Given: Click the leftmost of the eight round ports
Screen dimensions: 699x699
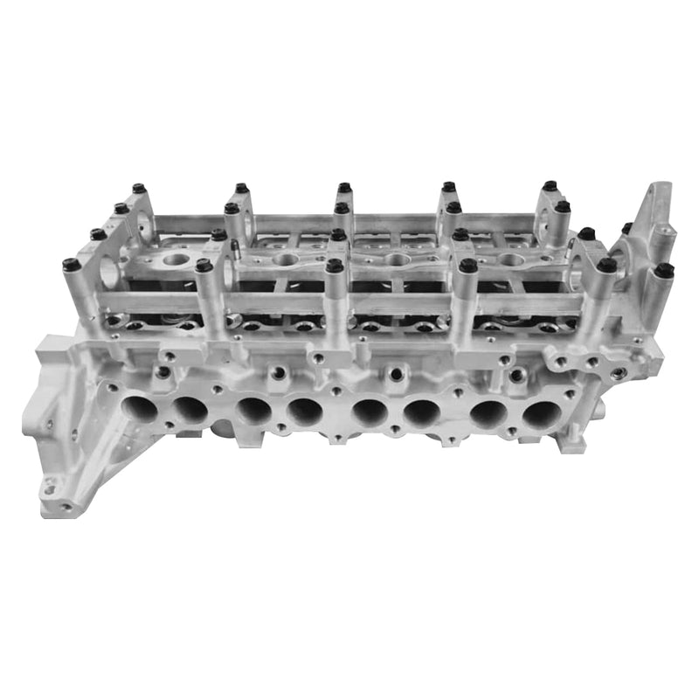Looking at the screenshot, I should coord(140,407).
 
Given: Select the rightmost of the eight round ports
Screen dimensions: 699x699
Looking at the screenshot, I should coord(541,413).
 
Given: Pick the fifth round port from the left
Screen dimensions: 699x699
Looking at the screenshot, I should coord(370,412).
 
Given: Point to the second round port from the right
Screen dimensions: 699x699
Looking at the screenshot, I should coord(488,413).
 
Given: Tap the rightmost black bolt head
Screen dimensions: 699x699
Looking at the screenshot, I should coord(664,270).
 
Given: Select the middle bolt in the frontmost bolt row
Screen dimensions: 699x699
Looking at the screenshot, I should coord(334,265).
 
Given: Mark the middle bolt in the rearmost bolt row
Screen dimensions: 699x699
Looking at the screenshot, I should coord(344,188).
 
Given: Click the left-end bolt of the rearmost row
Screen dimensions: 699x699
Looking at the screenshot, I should coord(139,188).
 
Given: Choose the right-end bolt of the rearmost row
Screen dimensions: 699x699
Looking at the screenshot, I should coord(550,186).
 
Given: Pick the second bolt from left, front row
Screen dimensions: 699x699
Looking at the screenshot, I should coord(204,265).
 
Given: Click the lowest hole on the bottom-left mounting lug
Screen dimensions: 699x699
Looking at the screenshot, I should coord(65,505).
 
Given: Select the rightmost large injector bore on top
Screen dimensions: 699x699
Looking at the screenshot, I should coord(511,260).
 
